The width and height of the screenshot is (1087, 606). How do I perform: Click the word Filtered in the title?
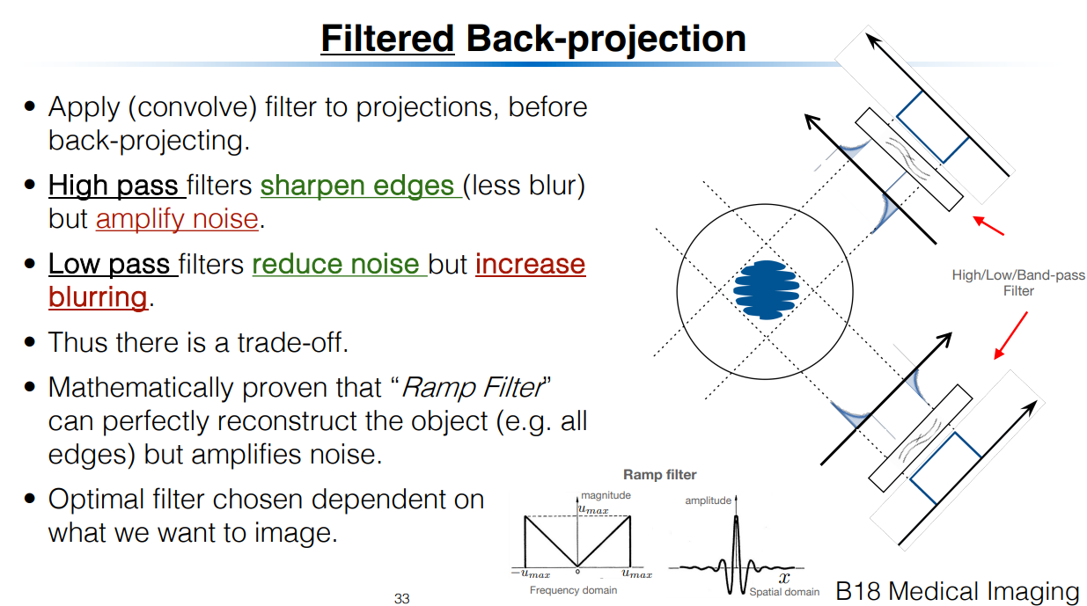[x=386, y=39]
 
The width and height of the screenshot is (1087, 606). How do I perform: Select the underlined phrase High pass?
[x=115, y=186]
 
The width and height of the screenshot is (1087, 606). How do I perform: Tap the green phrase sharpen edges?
[x=360, y=186]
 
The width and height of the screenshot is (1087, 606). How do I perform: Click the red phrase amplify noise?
[x=177, y=219]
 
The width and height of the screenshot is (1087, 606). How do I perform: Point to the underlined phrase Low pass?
[x=111, y=264]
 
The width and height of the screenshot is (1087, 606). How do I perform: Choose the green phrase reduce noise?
[x=339, y=264]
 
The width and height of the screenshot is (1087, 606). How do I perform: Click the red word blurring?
[x=98, y=297]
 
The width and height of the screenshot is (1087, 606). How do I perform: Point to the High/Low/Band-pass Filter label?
[x=1018, y=283]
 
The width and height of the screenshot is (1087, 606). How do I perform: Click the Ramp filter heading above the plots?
[x=659, y=475]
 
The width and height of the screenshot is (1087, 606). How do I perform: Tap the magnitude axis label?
[x=606, y=495]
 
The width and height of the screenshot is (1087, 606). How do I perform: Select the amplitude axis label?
[x=708, y=500]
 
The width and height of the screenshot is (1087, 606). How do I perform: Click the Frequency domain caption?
[x=573, y=590]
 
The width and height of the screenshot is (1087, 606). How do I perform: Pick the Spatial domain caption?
[x=784, y=592]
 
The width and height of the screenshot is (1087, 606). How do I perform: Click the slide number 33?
[x=401, y=599]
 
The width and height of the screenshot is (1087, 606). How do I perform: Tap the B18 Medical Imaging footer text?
[x=958, y=591]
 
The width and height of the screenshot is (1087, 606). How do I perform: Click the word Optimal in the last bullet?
[x=97, y=500]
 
